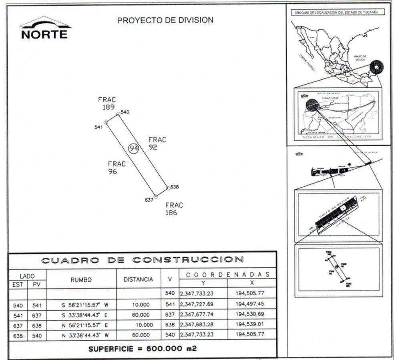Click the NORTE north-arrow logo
(45, 28)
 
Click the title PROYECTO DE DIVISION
(165, 20)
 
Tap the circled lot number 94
(134, 148)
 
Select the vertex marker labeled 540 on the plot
(118, 114)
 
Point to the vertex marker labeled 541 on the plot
(106, 123)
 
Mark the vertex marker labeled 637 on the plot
(156, 196)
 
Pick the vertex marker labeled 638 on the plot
(167, 187)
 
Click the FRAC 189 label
(107, 103)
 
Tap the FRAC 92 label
(157, 143)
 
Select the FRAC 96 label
(117, 168)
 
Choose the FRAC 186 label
(174, 209)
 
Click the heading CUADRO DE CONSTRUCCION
(142, 260)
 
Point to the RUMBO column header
(81, 280)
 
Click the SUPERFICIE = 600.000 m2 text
(142, 348)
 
